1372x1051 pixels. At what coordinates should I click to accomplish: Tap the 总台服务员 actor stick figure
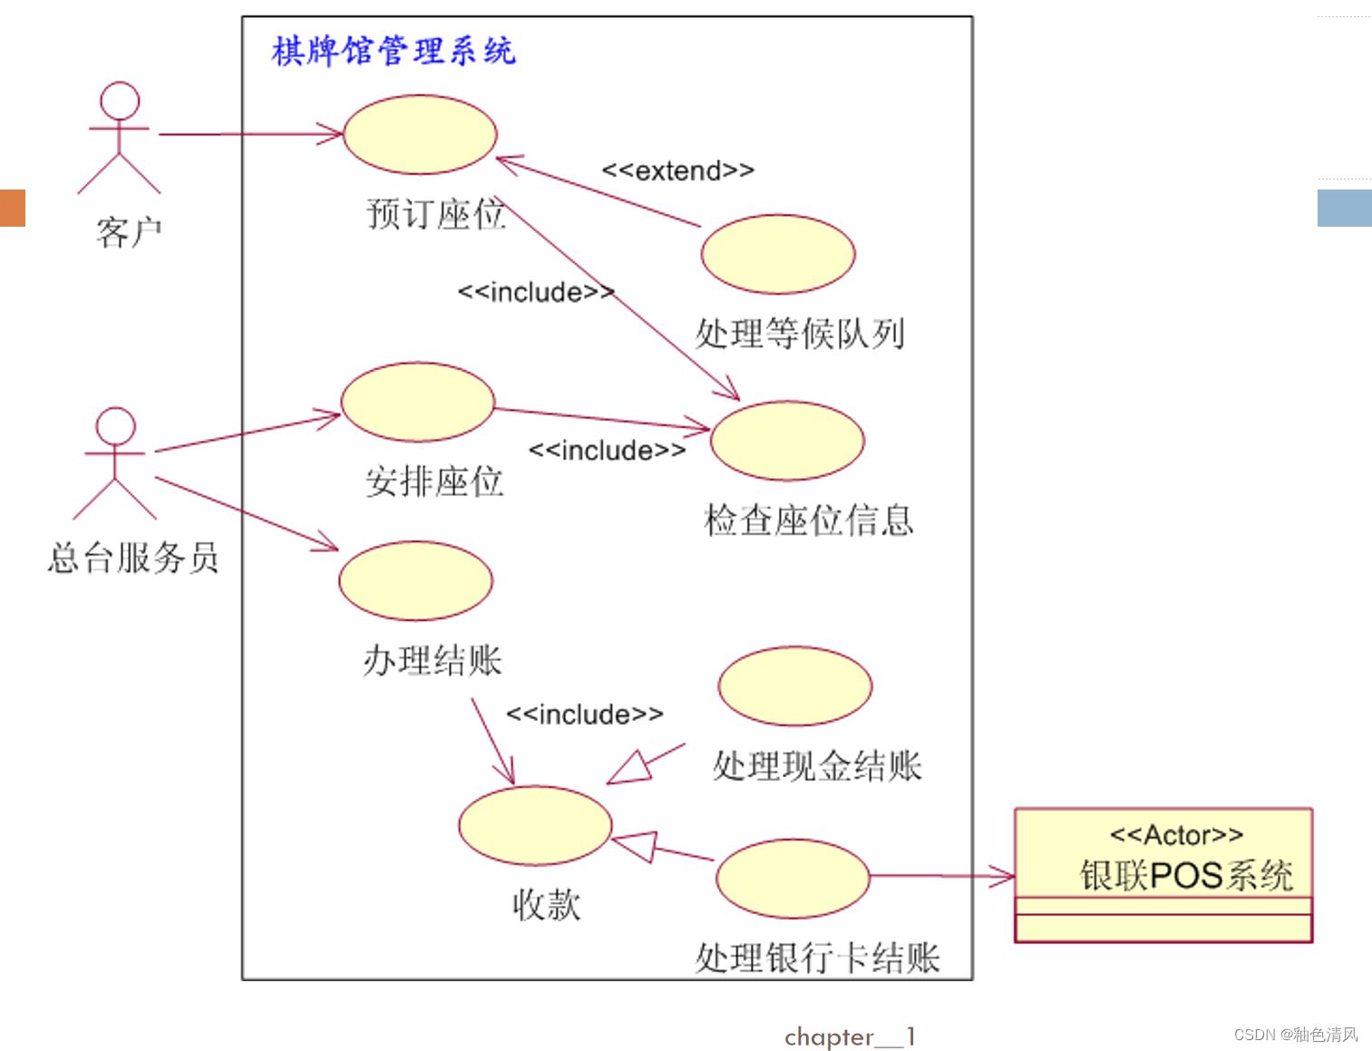115,462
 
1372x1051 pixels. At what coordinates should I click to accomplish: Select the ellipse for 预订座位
420,134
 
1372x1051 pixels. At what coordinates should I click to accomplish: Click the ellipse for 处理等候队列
778,254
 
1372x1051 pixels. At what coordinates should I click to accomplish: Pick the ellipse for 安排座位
418,402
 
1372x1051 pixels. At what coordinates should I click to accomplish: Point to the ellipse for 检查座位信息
787,441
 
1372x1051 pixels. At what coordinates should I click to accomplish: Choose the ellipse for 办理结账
416,580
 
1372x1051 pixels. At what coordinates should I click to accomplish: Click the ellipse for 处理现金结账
795,686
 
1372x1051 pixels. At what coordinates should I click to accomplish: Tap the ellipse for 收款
535,825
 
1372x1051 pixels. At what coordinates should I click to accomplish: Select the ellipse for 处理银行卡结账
793,878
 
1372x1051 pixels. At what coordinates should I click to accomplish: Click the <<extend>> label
678,170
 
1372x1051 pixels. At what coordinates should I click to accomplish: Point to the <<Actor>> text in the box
1176,834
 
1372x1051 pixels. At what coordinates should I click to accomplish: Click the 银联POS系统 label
1186,875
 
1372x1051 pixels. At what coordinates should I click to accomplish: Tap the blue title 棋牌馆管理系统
394,51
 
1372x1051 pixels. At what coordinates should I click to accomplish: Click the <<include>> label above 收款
585,715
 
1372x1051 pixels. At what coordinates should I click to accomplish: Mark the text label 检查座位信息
809,521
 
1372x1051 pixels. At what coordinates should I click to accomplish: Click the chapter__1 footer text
850,1036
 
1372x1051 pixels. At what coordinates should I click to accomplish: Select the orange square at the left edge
12,208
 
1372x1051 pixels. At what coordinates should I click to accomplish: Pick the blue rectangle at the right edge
1344,208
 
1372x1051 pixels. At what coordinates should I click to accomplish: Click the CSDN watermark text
1296,1035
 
